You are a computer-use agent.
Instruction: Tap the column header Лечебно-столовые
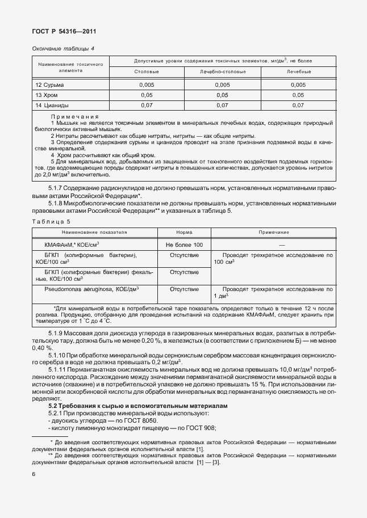point(222,72)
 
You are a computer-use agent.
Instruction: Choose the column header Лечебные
point(298,72)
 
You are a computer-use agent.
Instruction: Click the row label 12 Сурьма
point(51,85)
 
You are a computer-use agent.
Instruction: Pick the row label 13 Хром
point(47,95)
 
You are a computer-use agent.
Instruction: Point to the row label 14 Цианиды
point(52,105)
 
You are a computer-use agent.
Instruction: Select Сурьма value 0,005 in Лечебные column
point(298,85)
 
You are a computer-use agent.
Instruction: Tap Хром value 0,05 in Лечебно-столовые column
point(222,95)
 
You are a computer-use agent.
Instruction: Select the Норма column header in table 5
point(184,233)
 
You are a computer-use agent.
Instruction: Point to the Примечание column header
point(274,233)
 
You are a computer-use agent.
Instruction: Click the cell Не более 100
point(184,244)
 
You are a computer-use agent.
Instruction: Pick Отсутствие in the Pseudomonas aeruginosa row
point(184,289)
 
